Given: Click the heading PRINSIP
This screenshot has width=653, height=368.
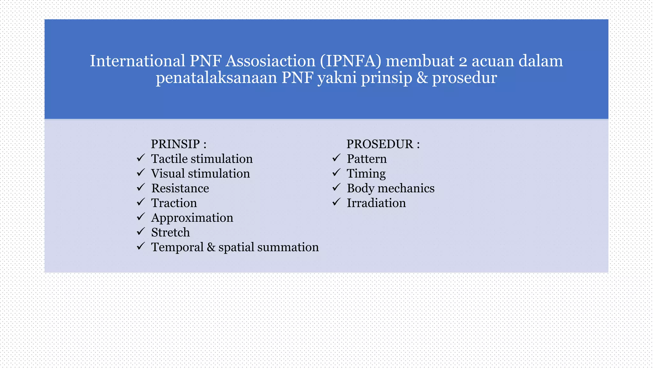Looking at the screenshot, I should [x=175, y=144].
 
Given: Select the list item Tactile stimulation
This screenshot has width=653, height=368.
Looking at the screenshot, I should [x=202, y=159].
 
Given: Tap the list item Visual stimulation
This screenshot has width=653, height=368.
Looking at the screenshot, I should [x=200, y=173].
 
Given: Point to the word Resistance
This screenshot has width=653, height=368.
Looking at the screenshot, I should [x=180, y=188].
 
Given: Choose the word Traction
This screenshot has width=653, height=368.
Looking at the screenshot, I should [x=174, y=203].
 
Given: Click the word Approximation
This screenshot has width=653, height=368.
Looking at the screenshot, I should [x=192, y=218].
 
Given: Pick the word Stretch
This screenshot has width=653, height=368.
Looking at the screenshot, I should [x=170, y=232].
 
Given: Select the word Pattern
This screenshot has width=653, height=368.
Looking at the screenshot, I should [x=367, y=159].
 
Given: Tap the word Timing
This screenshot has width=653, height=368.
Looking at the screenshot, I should [x=366, y=174].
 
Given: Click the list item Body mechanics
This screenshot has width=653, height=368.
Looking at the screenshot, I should [x=390, y=188].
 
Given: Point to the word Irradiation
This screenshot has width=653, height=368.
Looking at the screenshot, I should [x=376, y=203].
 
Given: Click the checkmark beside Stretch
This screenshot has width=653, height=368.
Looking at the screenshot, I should [x=141, y=231].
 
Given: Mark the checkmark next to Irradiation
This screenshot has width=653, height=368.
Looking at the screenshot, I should [x=336, y=202].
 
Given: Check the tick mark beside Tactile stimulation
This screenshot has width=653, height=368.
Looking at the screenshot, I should [x=141, y=158].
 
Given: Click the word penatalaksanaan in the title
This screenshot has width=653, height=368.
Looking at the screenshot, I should [x=216, y=78].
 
